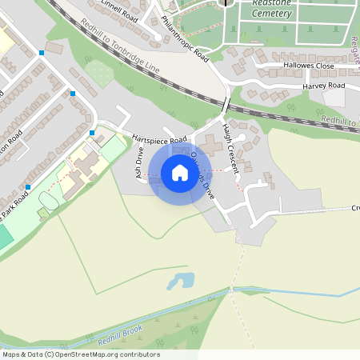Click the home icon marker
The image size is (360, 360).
(180, 173)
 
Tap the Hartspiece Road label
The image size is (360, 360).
(154, 137)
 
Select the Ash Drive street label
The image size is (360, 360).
(138, 162)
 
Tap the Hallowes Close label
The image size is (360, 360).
(308, 66)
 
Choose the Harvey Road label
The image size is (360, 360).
(323, 86)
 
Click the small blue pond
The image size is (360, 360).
(181, 281)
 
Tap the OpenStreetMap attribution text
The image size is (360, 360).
(81, 354)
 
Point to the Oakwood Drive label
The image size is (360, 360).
(204, 178)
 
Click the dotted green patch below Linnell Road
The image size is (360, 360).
(99, 74)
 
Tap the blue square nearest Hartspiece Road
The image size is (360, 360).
(92, 132)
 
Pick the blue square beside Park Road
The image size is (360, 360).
(28, 187)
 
